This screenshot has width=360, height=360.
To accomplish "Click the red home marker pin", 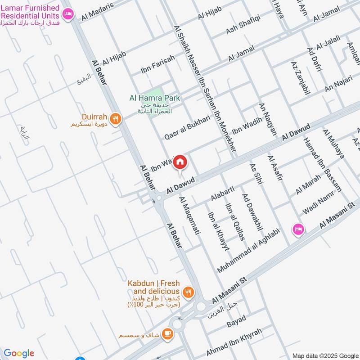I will point(180,162).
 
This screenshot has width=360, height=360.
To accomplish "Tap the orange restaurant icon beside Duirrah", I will point(116,119).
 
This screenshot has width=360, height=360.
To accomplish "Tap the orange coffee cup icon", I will point(168,333).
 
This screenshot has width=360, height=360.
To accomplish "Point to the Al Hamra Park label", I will point(154,98).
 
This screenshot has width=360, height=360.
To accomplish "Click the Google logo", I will point(19,353).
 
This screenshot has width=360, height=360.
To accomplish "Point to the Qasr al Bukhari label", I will point(187,126).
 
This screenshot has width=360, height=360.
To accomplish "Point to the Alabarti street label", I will point(222,194).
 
